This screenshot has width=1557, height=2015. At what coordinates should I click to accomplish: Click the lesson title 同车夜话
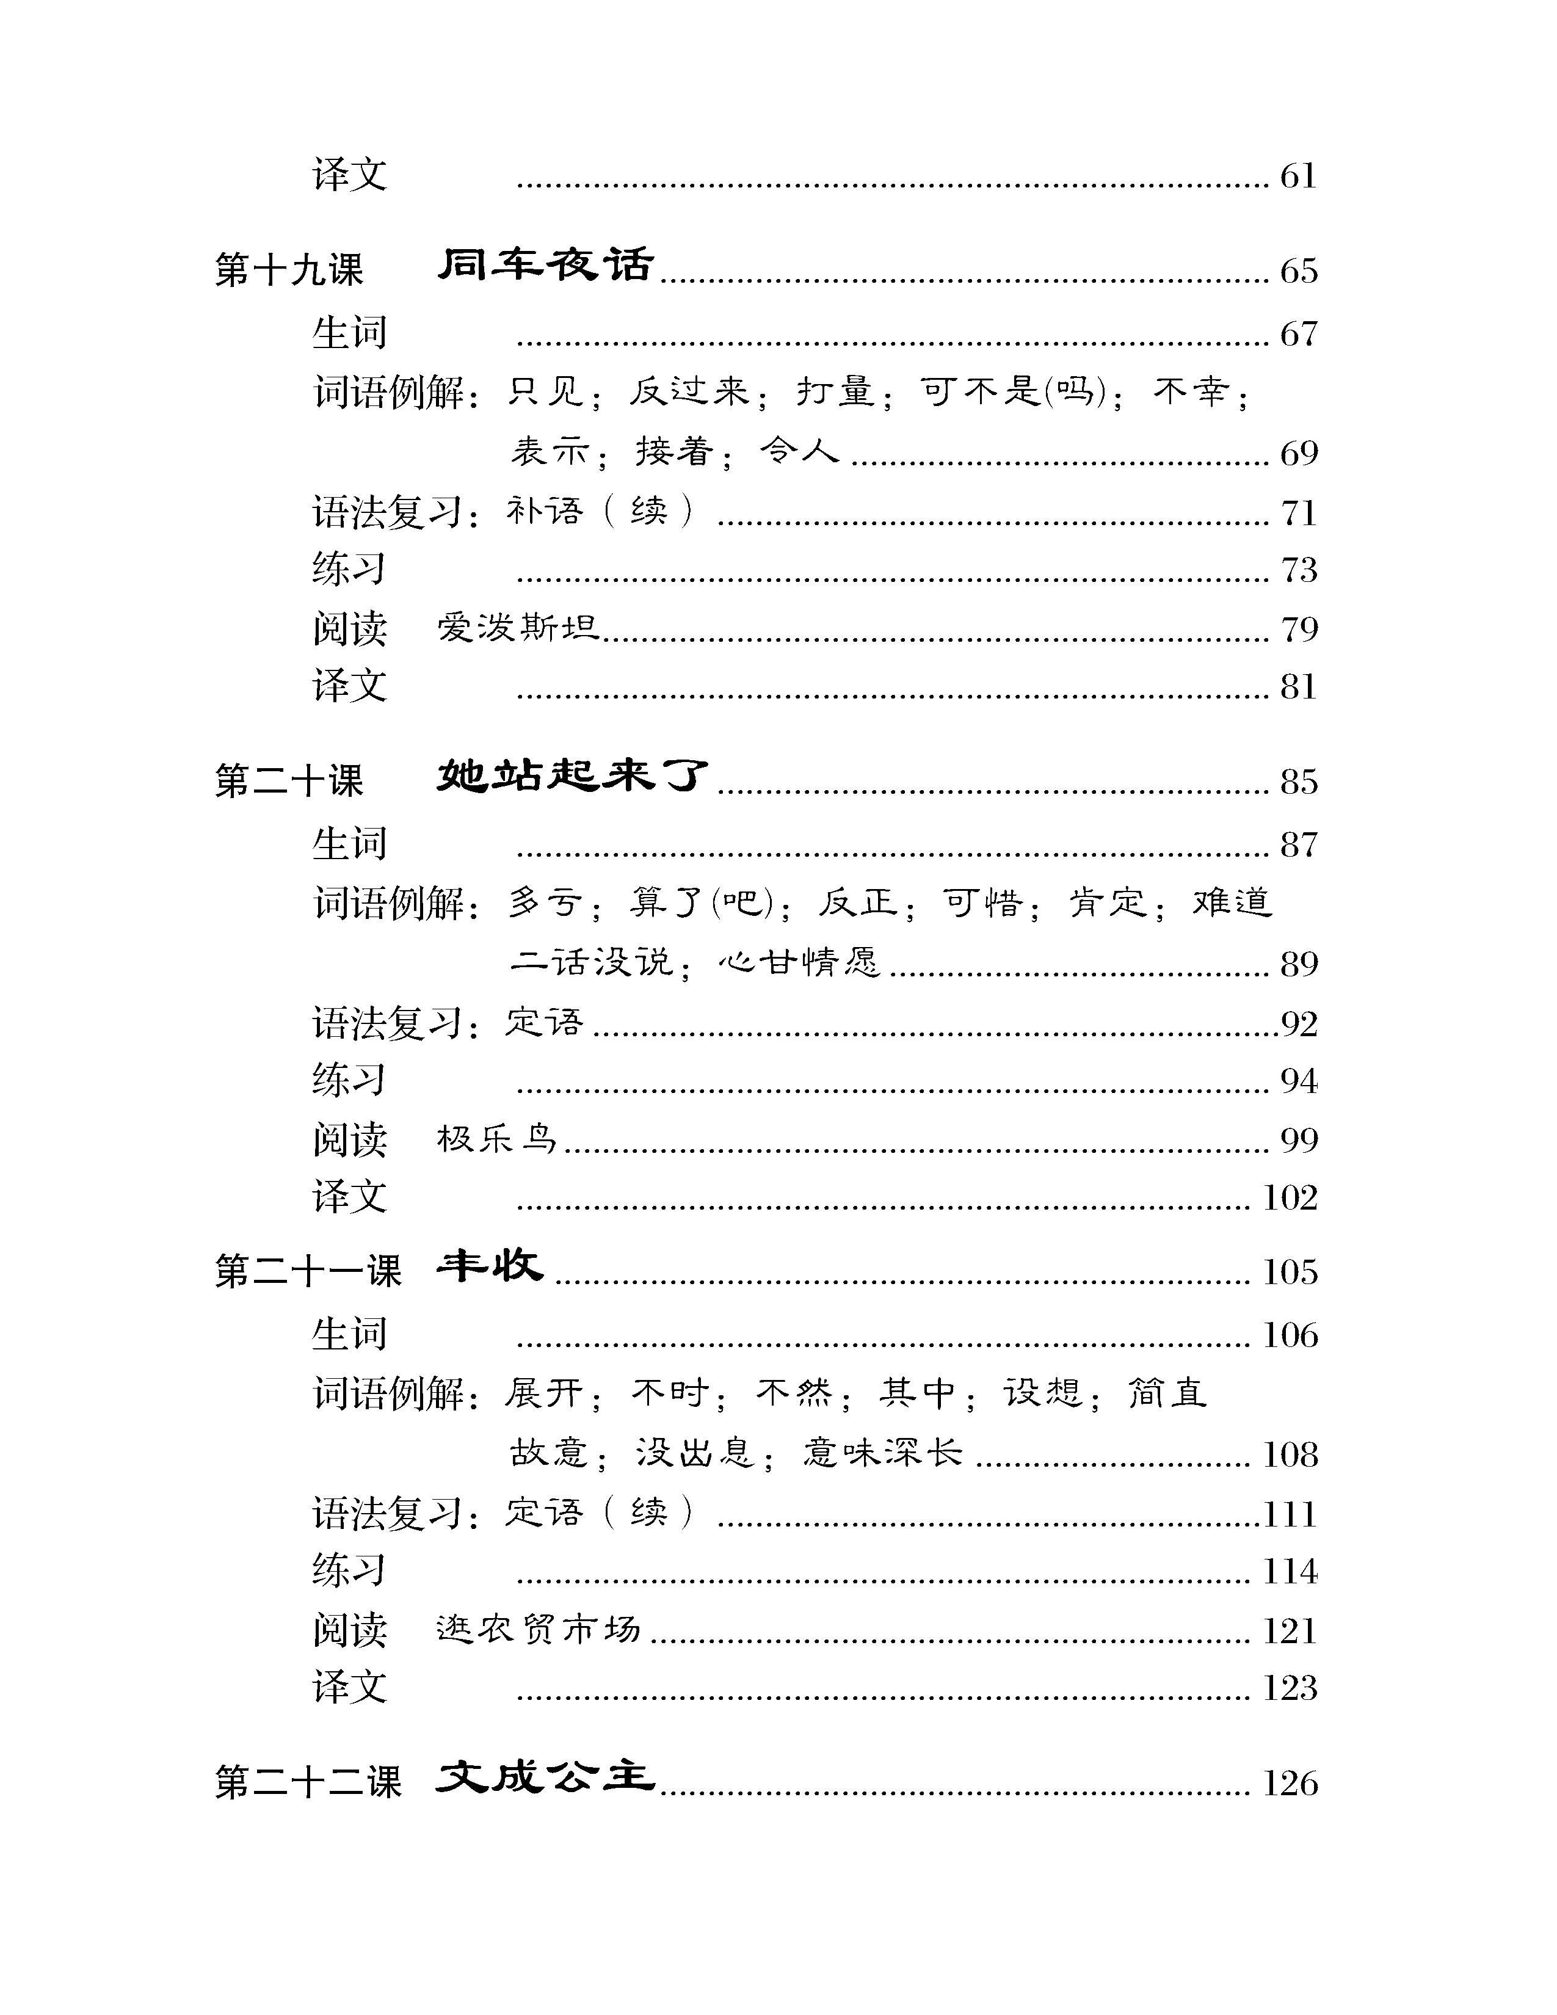545,266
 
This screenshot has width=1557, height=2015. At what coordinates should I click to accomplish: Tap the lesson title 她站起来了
572,776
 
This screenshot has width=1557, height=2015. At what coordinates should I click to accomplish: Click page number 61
1298,175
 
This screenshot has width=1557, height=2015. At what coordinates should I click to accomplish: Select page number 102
1290,1197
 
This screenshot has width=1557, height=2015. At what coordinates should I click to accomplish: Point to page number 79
1298,629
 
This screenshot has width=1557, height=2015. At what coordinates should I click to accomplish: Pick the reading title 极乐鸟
497,1139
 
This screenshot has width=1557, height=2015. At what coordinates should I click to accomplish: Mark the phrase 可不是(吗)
1014,392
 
